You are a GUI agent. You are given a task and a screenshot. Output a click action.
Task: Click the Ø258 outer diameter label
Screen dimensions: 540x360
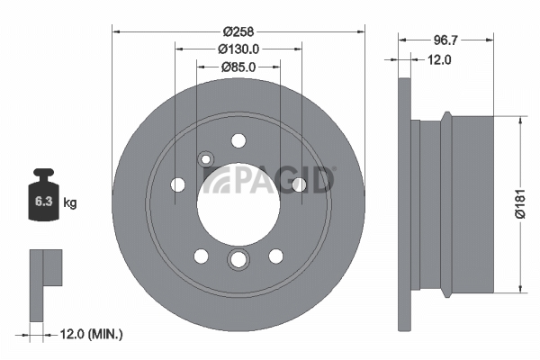(x=238, y=31)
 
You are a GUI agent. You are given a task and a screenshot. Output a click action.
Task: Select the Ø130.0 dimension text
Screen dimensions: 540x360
(x=238, y=49)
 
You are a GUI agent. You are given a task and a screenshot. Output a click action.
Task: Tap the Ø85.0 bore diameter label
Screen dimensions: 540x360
(x=238, y=67)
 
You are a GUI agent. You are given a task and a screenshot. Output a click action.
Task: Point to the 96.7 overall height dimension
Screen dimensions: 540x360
(x=445, y=40)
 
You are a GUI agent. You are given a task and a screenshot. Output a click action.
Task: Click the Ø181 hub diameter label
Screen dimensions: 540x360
(x=520, y=203)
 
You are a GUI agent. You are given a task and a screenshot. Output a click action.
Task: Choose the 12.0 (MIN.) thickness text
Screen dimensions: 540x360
(x=91, y=334)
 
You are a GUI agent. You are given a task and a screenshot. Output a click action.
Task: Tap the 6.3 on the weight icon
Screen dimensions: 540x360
(x=43, y=202)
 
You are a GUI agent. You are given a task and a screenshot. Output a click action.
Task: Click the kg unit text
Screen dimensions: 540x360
(x=70, y=202)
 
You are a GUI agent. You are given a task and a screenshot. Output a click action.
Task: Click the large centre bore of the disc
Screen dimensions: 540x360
(x=238, y=204)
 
